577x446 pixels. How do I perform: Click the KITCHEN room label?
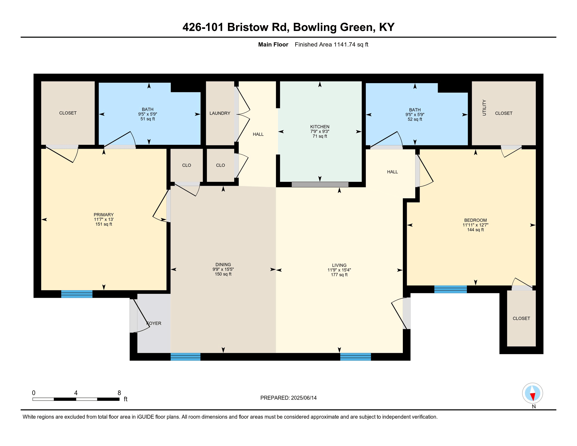320,126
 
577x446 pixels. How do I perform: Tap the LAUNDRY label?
220,113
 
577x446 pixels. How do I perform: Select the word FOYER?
154,323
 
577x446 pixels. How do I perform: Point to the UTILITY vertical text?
484,108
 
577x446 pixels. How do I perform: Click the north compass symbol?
532,393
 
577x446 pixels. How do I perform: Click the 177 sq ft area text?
339,275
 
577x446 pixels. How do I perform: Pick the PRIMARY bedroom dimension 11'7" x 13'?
104,219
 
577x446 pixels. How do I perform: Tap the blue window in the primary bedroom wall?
77,294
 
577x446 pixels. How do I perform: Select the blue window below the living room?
355,357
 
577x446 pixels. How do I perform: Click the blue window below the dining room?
185,357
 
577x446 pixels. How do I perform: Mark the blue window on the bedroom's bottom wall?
450,289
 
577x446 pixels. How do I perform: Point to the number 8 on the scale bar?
119,393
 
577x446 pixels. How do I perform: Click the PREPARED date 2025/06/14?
303,398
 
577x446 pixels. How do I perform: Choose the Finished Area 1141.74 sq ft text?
331,44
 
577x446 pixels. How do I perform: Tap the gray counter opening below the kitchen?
320,184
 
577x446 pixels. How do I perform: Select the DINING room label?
223,264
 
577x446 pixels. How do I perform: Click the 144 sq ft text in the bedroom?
475,230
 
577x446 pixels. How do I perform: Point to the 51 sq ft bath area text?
147,119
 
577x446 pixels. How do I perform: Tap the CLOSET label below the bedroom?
521,318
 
